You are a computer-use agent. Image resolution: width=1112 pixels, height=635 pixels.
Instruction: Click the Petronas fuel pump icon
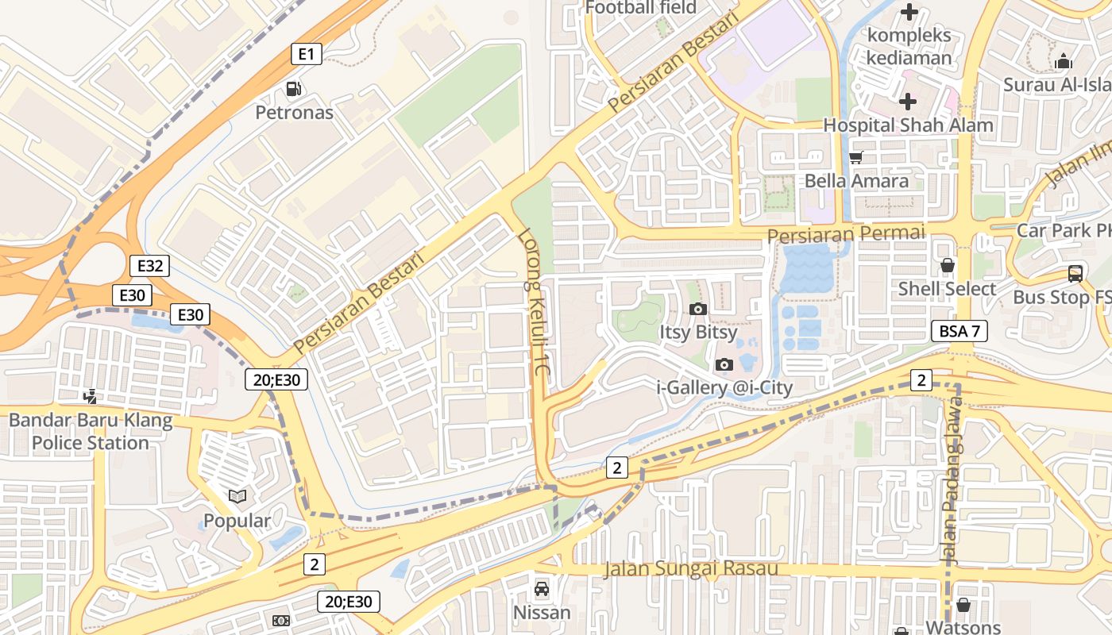click(x=294, y=89)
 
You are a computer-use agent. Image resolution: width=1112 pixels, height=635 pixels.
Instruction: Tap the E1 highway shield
click(x=306, y=54)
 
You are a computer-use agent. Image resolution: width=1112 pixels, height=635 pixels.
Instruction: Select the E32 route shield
click(x=149, y=266)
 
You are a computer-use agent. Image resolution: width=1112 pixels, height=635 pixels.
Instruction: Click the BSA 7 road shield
click(x=959, y=331)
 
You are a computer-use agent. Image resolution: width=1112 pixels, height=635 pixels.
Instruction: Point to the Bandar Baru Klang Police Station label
click(x=91, y=432)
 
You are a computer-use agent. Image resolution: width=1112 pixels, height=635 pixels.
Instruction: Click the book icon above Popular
click(x=237, y=497)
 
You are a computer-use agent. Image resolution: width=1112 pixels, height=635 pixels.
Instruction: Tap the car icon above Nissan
click(x=542, y=589)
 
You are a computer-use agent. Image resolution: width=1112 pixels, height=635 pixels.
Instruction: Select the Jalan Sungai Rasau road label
click(x=690, y=569)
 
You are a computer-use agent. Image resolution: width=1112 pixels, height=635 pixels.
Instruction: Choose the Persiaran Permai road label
click(x=846, y=234)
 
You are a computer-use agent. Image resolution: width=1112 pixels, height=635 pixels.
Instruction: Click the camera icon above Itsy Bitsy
click(x=698, y=309)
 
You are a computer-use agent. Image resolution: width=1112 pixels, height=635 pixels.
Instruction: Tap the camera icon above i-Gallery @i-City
click(x=724, y=364)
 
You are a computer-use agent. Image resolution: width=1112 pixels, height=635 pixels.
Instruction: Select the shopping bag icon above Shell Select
click(x=947, y=265)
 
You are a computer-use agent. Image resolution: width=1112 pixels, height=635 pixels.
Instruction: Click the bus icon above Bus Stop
click(x=1075, y=274)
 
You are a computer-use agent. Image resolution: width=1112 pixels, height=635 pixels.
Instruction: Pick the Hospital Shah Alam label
click(x=908, y=125)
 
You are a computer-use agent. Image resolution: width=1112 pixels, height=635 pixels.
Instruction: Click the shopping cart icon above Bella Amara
click(x=855, y=157)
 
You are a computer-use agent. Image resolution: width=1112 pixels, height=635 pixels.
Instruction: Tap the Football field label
click(x=640, y=8)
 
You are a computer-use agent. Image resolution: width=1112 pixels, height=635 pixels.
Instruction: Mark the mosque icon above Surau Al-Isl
click(x=1064, y=61)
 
